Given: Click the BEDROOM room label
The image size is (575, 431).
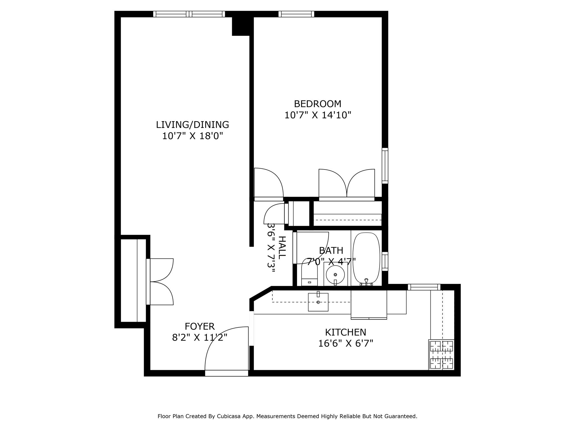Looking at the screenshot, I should click(318, 104).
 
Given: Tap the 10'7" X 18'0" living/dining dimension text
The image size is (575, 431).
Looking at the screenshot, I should click(192, 136).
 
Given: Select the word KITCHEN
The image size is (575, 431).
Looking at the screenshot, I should click(345, 332).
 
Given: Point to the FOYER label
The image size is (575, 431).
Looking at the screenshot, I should click(200, 326).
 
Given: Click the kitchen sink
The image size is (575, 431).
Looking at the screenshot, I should click(318, 302).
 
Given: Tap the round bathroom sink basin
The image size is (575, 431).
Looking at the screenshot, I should click(335, 275).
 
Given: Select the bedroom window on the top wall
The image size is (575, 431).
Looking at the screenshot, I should click(296, 14).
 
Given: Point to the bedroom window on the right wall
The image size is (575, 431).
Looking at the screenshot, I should click(385, 166).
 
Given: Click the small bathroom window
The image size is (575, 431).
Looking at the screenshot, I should click(385, 261).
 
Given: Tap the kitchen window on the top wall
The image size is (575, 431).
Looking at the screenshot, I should click(424, 287).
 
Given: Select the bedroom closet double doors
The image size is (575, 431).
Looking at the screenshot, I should click(347, 184).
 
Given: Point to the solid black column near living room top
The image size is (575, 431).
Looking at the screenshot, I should click(241, 26).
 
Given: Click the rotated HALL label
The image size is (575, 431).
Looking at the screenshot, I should click(282, 247).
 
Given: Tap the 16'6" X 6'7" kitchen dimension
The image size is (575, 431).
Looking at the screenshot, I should click(345, 343).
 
